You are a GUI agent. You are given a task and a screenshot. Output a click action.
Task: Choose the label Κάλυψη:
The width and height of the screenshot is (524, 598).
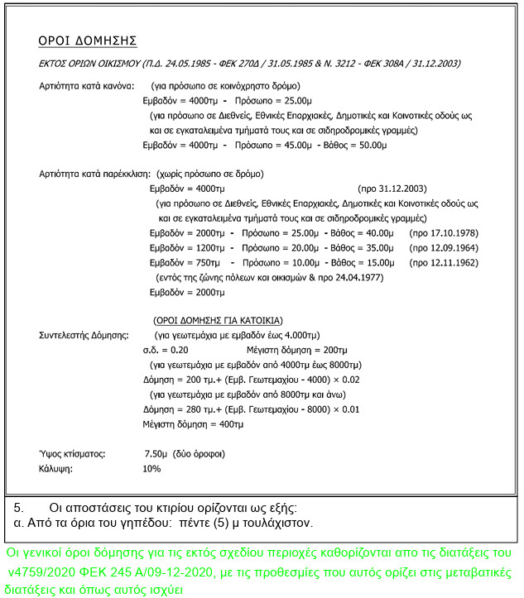point(55,469)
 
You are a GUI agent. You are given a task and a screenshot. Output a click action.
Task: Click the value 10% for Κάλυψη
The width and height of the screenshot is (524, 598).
point(151,469)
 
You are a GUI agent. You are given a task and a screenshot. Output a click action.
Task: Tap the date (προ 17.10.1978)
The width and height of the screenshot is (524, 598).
point(444,233)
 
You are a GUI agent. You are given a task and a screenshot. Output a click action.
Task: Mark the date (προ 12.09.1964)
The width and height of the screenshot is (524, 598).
point(444,248)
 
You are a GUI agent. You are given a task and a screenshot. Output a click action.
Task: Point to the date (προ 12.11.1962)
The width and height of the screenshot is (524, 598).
point(444,263)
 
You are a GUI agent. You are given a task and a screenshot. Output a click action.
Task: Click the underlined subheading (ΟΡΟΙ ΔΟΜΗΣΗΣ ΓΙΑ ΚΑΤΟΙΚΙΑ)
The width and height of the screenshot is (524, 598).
point(219,320)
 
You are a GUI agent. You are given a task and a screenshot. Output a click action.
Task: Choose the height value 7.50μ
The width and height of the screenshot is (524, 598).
point(156,454)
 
